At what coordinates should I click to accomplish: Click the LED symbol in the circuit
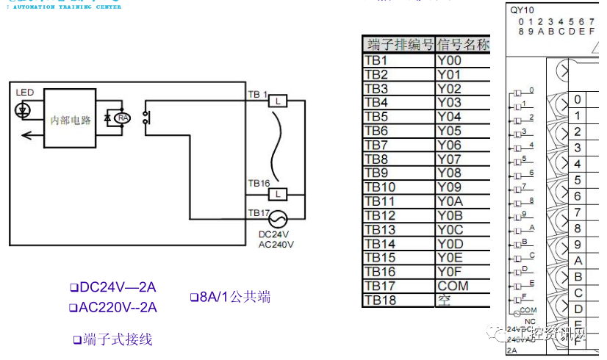pos(23,110)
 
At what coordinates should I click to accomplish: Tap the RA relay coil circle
pos(123,118)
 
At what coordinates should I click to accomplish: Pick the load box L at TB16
pos(277,194)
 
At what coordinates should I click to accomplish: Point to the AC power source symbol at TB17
pos(277,219)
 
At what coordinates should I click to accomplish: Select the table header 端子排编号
pos(398,45)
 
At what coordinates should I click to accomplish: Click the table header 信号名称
pos(463,45)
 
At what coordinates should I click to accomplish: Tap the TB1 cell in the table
pos(398,60)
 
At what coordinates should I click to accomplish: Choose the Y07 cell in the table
pos(463,159)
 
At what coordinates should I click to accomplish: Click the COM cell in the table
pos(463,286)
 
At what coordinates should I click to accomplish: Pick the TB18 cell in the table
pos(398,300)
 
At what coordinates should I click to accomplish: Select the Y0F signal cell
pos(463,272)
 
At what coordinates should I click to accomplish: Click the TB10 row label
pos(398,187)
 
